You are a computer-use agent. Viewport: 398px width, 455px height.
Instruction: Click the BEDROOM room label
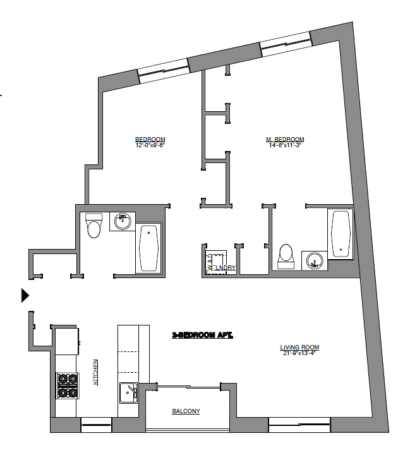point(150,140)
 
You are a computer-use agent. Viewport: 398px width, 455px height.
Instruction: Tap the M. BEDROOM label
point(285,140)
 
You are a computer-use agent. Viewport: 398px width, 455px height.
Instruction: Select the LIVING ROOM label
point(299,347)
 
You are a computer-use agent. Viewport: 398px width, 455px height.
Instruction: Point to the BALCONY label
point(186,411)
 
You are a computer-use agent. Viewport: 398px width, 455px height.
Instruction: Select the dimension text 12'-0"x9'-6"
point(150,145)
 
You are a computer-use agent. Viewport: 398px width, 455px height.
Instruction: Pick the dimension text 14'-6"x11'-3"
point(285,145)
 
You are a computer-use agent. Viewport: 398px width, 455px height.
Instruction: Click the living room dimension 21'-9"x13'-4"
point(299,353)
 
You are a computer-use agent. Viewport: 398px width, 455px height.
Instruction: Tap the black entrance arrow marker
point(25,295)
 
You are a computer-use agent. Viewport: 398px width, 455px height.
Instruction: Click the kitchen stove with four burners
point(68,385)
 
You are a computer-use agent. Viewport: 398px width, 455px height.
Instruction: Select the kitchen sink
point(129,393)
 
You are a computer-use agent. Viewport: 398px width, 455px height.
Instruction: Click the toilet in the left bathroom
point(94,226)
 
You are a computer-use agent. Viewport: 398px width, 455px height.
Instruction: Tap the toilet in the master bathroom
point(286,257)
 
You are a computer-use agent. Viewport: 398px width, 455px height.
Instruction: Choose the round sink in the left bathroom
point(123,222)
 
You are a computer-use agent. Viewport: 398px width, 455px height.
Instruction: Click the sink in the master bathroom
point(313,260)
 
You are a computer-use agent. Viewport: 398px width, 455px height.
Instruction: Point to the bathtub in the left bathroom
point(150,248)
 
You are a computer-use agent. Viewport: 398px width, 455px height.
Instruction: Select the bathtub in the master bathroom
point(341,234)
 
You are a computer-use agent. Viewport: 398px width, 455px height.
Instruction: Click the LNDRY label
point(226,269)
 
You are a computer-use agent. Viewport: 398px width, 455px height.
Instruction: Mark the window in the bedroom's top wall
point(163,70)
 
